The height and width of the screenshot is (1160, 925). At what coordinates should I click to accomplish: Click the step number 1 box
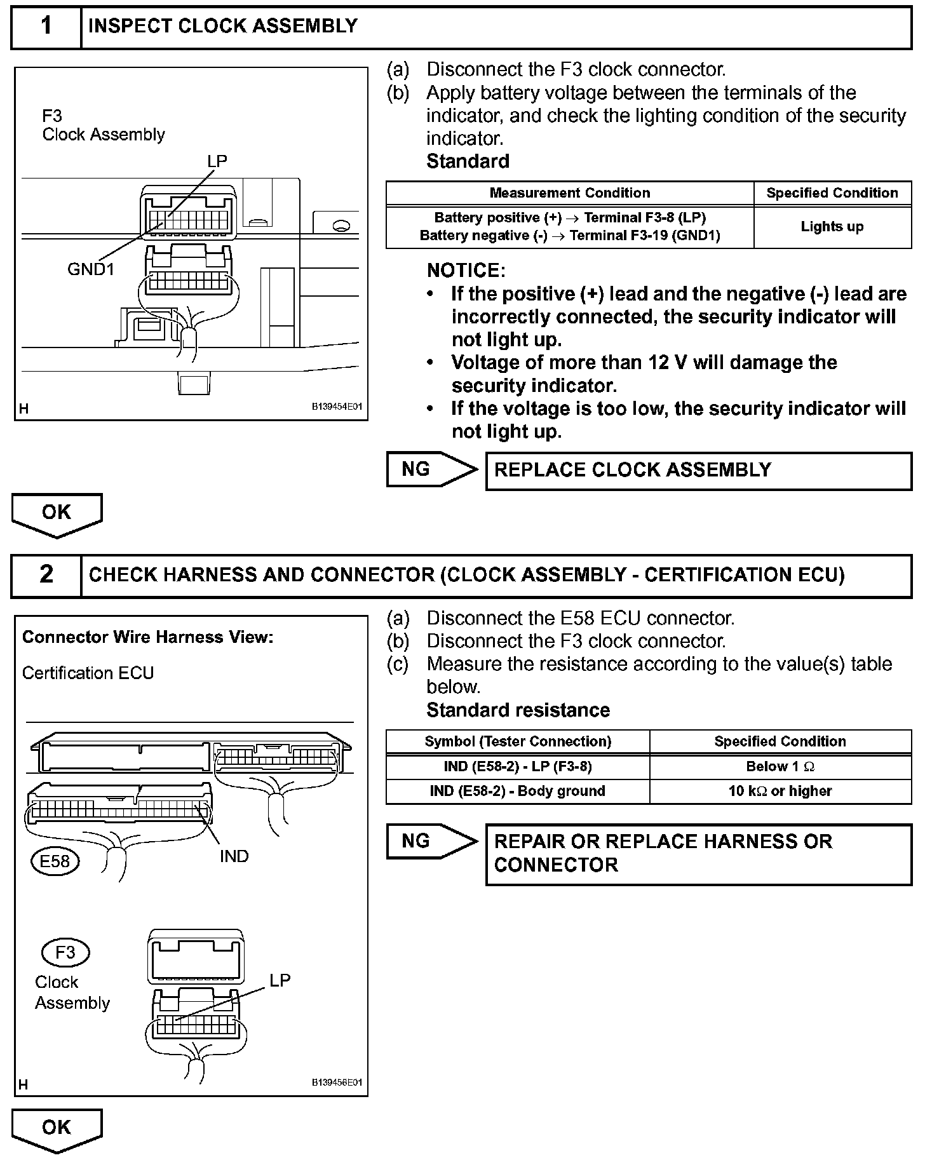click(46, 27)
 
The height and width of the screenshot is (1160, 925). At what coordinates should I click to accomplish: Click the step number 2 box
click(46, 574)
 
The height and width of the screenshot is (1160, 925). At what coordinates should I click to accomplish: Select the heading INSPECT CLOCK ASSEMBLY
click(223, 26)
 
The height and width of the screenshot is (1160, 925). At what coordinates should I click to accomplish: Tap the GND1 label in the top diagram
click(91, 269)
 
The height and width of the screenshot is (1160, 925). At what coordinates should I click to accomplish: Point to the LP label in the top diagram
click(217, 161)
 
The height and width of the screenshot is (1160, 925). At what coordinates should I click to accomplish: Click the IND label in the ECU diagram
click(234, 856)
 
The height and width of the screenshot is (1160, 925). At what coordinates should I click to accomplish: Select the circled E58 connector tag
click(55, 861)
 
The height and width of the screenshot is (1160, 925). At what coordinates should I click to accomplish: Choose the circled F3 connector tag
click(65, 952)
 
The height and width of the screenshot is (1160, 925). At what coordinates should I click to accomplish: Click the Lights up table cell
click(832, 227)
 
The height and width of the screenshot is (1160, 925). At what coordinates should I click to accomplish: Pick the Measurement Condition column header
click(569, 193)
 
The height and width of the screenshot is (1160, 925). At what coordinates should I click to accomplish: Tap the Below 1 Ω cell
click(780, 767)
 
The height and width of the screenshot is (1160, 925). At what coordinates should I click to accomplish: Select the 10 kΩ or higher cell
click(780, 791)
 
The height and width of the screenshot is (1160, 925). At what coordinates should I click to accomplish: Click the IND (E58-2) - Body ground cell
click(517, 791)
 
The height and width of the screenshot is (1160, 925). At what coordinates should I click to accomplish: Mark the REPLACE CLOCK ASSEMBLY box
click(698, 470)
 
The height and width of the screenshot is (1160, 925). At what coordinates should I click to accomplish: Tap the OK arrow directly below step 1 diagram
click(57, 513)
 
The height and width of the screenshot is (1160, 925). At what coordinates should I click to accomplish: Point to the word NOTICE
click(466, 271)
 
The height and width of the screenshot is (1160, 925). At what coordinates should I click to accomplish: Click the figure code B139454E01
click(336, 407)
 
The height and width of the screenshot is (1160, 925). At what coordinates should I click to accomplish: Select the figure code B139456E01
click(336, 1082)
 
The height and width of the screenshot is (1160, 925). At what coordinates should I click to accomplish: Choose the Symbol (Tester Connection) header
click(517, 741)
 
